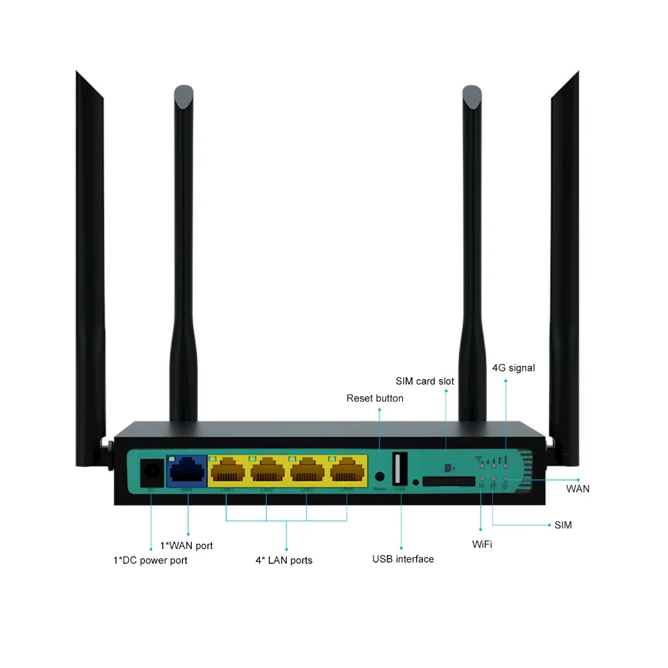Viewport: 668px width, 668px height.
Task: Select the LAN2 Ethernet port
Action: [x=267, y=472]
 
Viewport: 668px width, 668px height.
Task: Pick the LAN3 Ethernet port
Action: [x=307, y=472]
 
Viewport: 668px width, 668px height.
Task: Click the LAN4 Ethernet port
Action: [x=347, y=472]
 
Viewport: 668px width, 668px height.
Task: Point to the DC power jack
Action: [x=151, y=473]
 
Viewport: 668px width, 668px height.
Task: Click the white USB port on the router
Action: [x=400, y=469]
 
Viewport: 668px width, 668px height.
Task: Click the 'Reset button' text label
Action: [x=375, y=398]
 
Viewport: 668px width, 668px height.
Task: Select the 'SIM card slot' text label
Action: [x=425, y=381]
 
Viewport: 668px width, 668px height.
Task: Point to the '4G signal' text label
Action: [x=514, y=367]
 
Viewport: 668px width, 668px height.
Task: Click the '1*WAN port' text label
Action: [x=186, y=546]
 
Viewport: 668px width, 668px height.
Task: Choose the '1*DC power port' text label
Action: [x=150, y=560]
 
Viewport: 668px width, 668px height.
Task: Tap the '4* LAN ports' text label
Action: [x=284, y=560]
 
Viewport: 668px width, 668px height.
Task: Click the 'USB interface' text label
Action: [x=403, y=559]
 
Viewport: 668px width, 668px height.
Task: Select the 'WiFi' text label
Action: [x=482, y=544]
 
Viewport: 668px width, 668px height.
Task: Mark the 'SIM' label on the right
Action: [x=563, y=525]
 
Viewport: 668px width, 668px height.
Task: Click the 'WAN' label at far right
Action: [x=578, y=489]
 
